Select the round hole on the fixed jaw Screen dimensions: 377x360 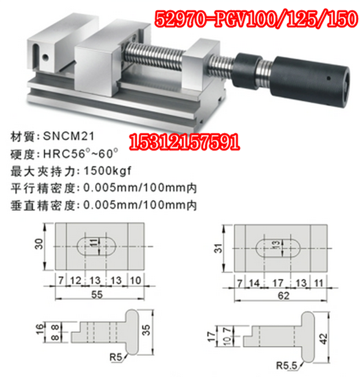pyautogui.click(x=44, y=55)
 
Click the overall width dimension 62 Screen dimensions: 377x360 pyautogui.click(x=283, y=296)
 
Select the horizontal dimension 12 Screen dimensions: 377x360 pyautogui.click(x=75, y=280)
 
